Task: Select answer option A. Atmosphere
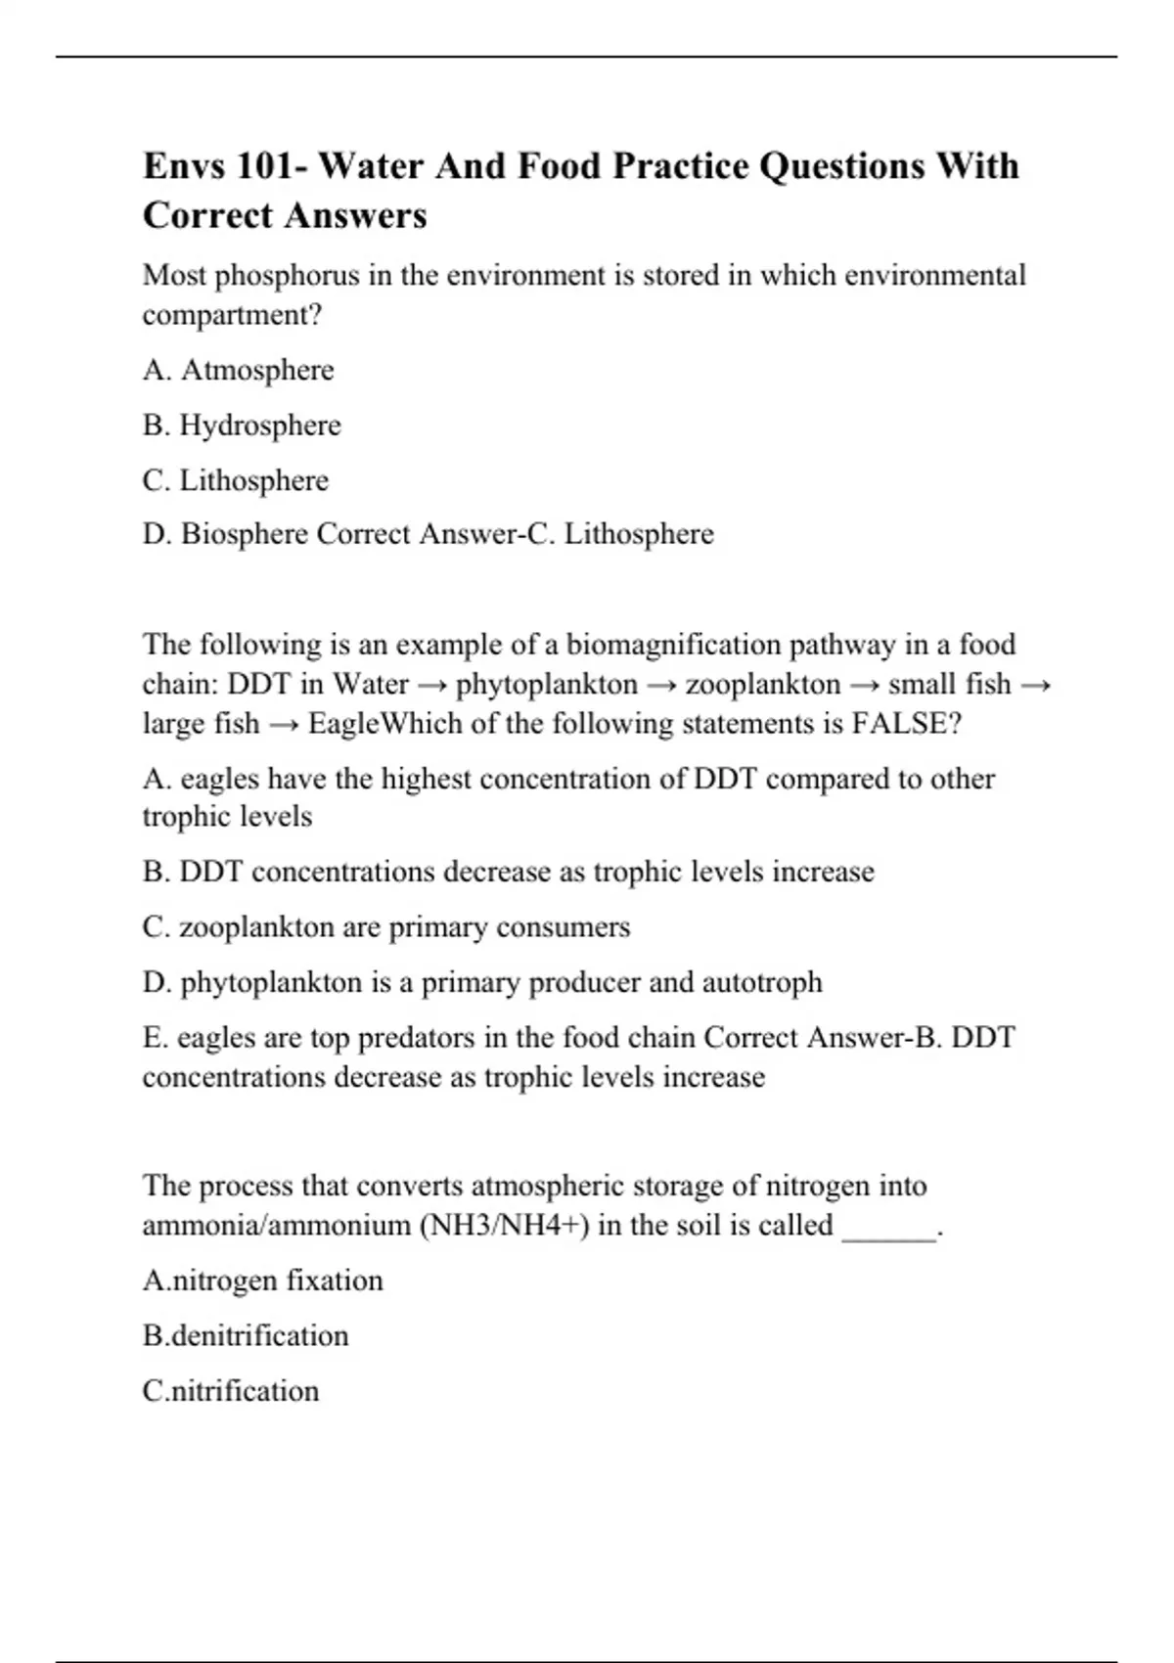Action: click(238, 370)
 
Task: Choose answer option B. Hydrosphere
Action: click(242, 426)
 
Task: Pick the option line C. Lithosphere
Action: click(236, 480)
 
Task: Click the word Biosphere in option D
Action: click(245, 534)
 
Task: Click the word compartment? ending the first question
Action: click(233, 315)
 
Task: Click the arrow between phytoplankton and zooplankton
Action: click(661, 685)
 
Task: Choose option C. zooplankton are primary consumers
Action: click(386, 927)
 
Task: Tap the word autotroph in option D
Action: click(762, 982)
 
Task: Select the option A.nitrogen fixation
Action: click(263, 1281)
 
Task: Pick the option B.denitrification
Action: click(246, 1336)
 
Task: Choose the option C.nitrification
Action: click(231, 1391)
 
